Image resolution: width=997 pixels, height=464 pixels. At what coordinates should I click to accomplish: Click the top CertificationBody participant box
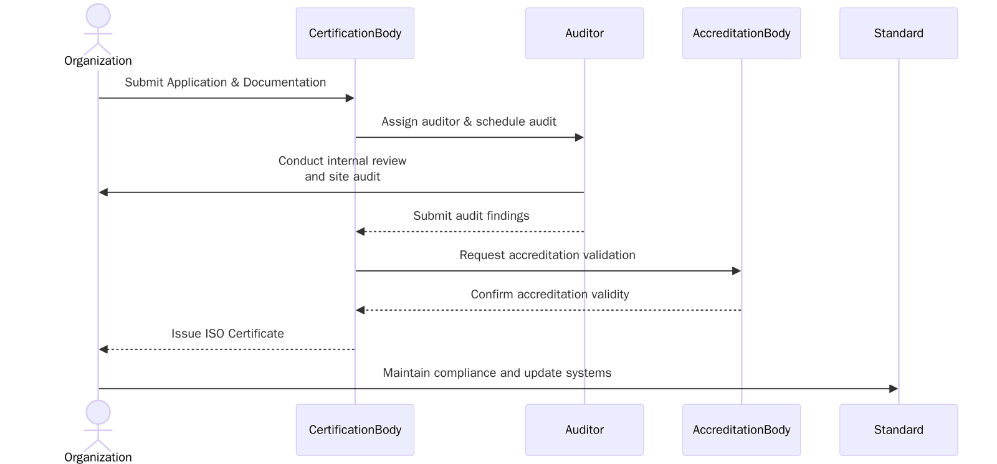pyautogui.click(x=355, y=34)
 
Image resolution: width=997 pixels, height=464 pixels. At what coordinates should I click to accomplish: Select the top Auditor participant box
pyautogui.click(x=584, y=34)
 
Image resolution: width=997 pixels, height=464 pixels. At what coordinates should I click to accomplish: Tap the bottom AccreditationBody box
pyautogui.click(x=741, y=430)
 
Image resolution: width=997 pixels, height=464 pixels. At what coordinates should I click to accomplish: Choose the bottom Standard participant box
pyautogui.click(x=898, y=430)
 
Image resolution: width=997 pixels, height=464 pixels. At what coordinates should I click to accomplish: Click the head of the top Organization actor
pyautogui.click(x=98, y=16)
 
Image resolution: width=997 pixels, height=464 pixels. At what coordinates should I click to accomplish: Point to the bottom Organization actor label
pyautogui.click(x=98, y=457)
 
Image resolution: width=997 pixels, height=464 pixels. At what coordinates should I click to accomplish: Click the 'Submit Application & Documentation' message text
pyautogui.click(x=225, y=82)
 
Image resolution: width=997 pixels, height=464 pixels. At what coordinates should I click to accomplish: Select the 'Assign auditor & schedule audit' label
pyautogui.click(x=469, y=121)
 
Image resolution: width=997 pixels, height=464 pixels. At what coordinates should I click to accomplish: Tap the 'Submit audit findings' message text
pyautogui.click(x=471, y=215)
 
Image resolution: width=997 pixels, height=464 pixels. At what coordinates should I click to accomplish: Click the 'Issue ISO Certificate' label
pyautogui.click(x=227, y=333)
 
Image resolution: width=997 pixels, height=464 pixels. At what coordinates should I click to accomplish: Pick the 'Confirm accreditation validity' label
pyautogui.click(x=550, y=294)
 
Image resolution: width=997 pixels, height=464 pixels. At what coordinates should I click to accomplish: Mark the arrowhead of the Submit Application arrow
pyautogui.click(x=350, y=98)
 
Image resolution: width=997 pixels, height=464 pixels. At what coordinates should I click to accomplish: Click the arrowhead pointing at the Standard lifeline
pyautogui.click(x=893, y=389)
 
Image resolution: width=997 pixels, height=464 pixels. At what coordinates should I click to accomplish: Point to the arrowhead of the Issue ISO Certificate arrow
pyautogui.click(x=103, y=349)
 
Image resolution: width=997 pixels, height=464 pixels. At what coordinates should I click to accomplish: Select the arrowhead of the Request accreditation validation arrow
pyautogui.click(x=736, y=271)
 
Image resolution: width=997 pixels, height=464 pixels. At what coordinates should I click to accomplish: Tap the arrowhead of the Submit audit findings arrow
pyautogui.click(x=360, y=232)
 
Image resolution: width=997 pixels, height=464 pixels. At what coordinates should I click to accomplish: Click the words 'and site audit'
pyautogui.click(x=342, y=176)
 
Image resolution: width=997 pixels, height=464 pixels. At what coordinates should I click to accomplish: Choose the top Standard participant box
pyautogui.click(x=898, y=34)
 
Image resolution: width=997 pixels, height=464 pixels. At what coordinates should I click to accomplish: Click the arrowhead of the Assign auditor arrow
pyautogui.click(x=579, y=137)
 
